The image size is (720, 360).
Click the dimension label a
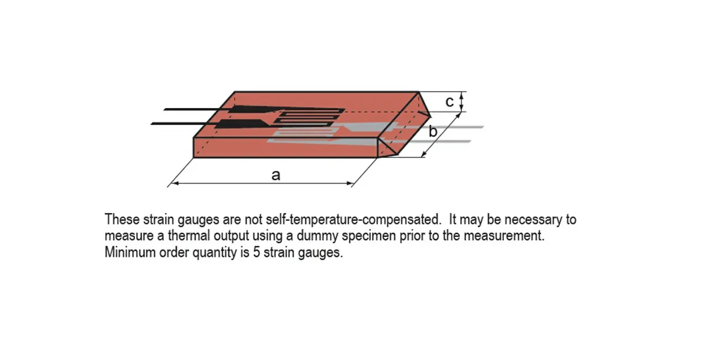pyautogui.click(x=275, y=175)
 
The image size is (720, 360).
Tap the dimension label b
pyautogui.click(x=432, y=132)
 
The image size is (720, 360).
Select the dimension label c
pyautogui.click(x=449, y=102)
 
